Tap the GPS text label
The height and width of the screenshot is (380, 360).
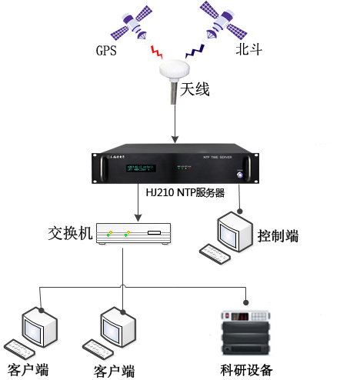click(106, 52)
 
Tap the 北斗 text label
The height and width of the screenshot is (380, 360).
click(248, 52)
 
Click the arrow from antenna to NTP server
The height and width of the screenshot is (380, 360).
click(176, 123)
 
